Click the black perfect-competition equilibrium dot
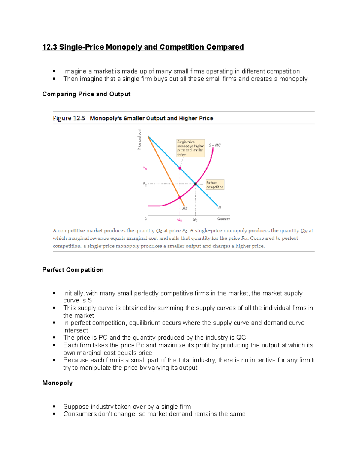[x=195, y=184]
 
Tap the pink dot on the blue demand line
[x=180, y=168]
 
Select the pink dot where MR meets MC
[x=180, y=197]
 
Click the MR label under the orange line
[x=185, y=209]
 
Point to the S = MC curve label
[x=215, y=145]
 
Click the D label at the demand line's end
[x=220, y=207]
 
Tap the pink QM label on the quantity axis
[x=180, y=220]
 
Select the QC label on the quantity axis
[x=195, y=220]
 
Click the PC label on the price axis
[x=145, y=184]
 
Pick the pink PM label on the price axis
[x=145, y=168]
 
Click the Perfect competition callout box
[x=215, y=185]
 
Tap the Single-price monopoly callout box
[x=190, y=148]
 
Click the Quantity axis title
[x=223, y=219]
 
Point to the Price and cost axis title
[x=139, y=140]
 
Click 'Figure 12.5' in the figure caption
[x=69, y=118]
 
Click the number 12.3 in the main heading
[x=50, y=47]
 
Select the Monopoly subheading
[x=57, y=383]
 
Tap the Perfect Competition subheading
[x=73, y=270]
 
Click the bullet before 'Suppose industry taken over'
[x=54, y=407]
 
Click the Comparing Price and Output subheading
[x=86, y=94]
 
